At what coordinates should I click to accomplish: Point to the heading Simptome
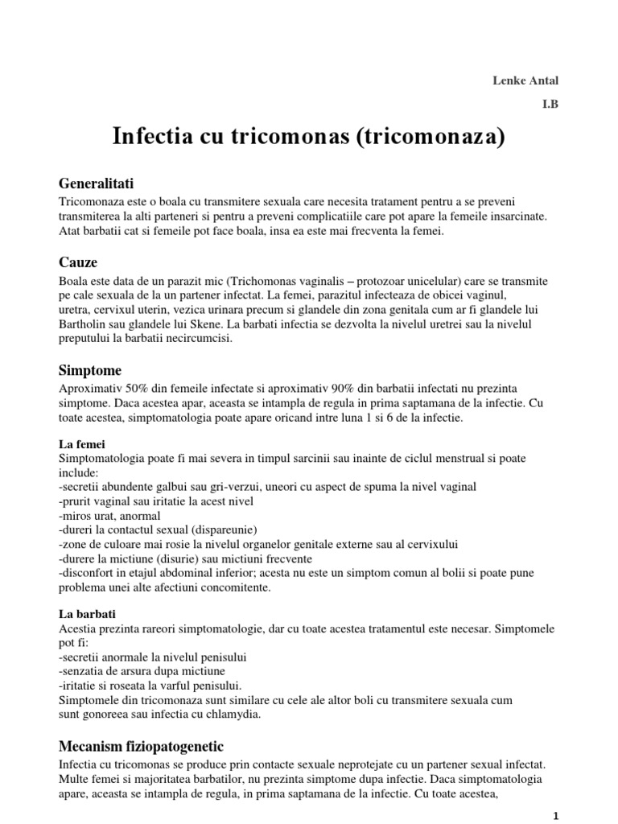coord(90,370)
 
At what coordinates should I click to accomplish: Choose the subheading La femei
coord(82,443)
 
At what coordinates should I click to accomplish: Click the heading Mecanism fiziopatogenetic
coord(141,745)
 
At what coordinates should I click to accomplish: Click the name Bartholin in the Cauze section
coord(84,324)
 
